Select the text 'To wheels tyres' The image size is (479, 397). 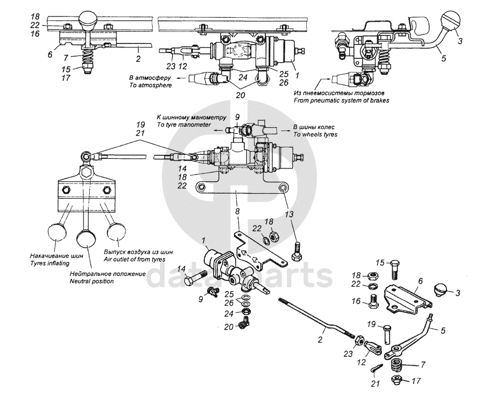315,135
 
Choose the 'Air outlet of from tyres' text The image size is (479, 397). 138,259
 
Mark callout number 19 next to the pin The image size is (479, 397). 370,325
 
